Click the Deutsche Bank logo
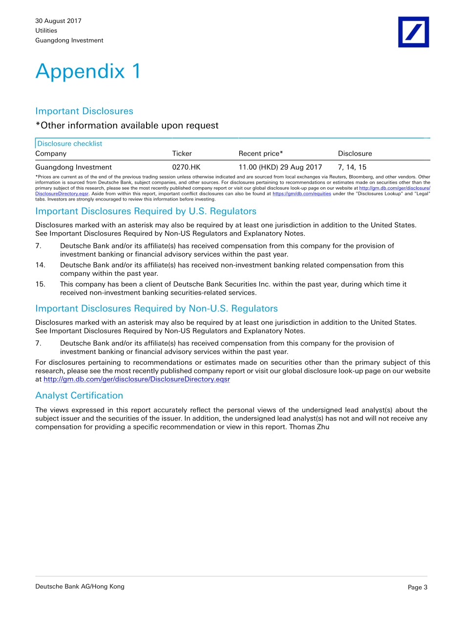(x=413, y=32)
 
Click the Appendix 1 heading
(x=88, y=71)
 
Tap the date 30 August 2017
(x=58, y=21)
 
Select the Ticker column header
(x=182, y=154)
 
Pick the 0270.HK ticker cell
(x=186, y=167)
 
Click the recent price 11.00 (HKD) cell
(x=280, y=167)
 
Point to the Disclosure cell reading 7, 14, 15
(x=352, y=167)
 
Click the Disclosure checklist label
(x=70, y=144)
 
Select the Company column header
(x=51, y=154)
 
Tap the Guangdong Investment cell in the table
(x=73, y=167)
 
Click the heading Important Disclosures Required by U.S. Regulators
(x=146, y=211)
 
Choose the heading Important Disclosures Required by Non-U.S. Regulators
(x=156, y=309)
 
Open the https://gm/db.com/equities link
(x=301, y=194)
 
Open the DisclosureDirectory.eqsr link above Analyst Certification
(x=137, y=379)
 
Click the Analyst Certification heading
(x=79, y=396)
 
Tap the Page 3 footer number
(x=417, y=588)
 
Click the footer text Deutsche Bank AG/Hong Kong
(x=80, y=587)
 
